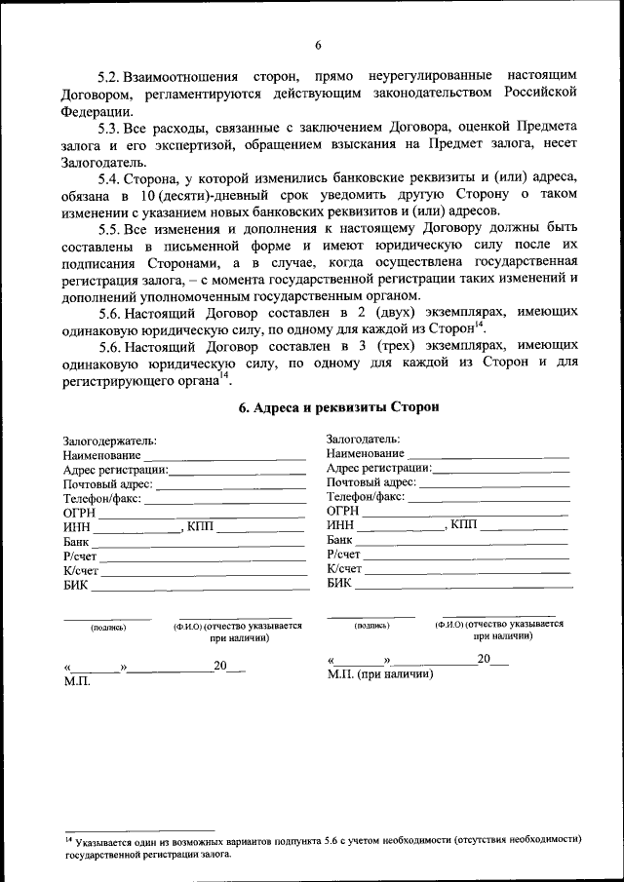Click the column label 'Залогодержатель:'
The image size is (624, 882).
coord(109,441)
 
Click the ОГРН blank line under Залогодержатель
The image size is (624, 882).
coord(201,515)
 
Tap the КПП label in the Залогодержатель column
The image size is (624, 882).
coord(201,527)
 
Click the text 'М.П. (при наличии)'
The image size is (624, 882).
coord(380,673)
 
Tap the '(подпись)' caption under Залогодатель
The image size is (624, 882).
coord(371,625)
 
